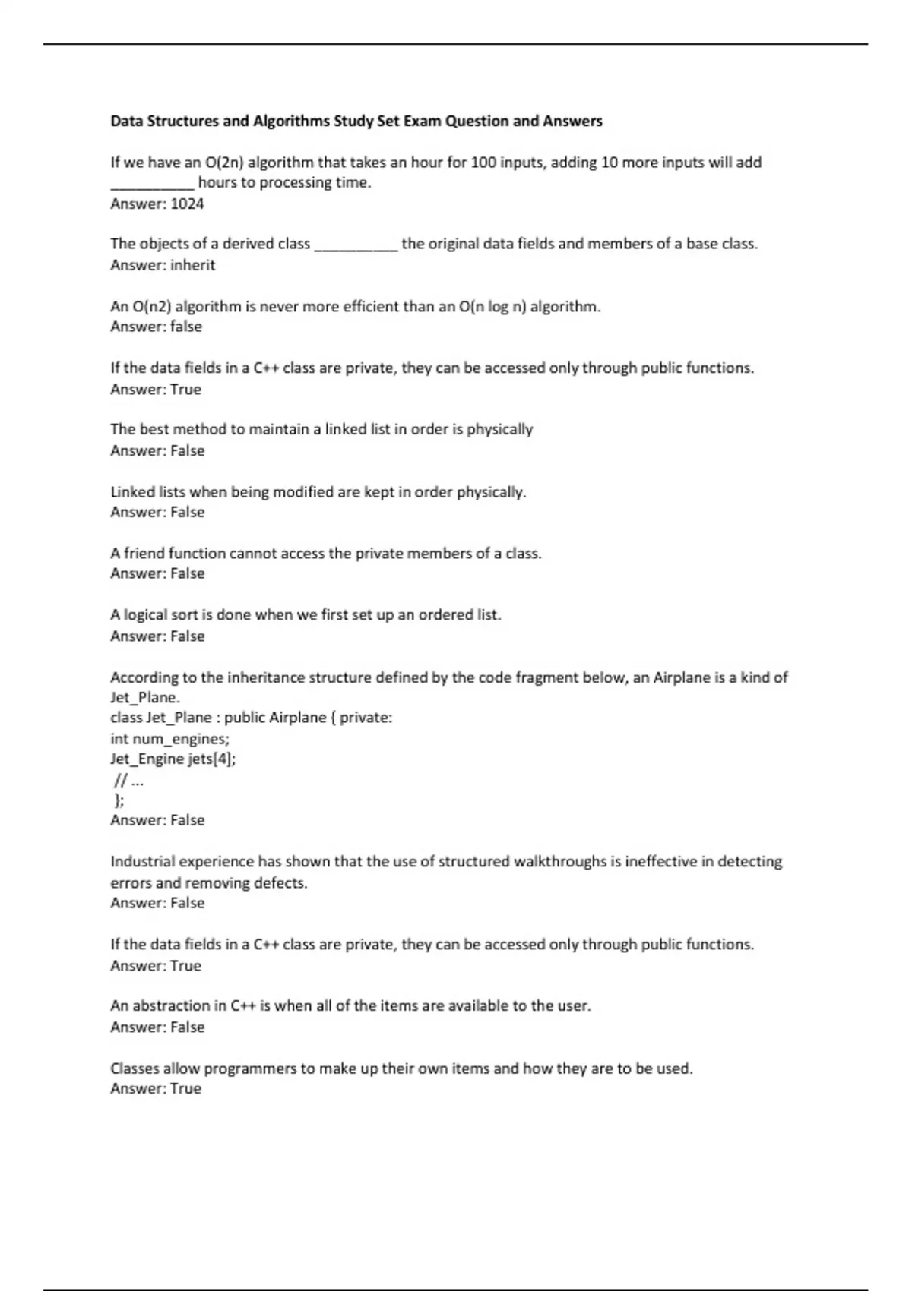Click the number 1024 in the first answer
point(187,204)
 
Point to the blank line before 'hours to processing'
point(152,183)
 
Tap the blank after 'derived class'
point(356,245)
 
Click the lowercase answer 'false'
point(186,327)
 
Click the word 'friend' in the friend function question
point(144,553)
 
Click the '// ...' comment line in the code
point(128,780)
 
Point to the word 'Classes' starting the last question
point(135,1068)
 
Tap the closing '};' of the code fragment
point(119,800)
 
